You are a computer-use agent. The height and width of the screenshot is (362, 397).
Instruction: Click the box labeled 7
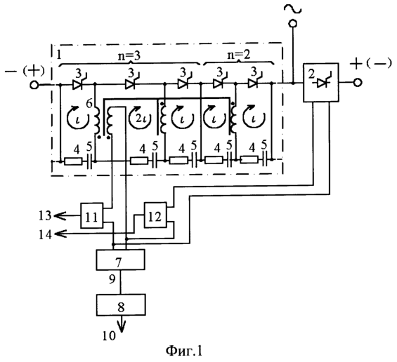click(121, 260)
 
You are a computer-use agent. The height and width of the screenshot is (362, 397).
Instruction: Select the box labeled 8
click(121, 305)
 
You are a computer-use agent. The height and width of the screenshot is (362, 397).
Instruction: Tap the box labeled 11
click(92, 215)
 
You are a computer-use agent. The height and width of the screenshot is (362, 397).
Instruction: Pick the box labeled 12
click(155, 215)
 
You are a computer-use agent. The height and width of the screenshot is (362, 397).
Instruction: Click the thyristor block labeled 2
click(321, 82)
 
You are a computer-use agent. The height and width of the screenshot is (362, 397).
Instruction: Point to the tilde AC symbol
click(293, 9)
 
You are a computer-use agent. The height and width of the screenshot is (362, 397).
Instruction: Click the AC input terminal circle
click(293, 24)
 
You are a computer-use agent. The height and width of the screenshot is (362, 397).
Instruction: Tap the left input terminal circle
click(34, 85)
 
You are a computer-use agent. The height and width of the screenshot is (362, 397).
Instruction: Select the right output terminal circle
click(357, 83)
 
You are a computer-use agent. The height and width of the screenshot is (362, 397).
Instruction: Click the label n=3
click(129, 56)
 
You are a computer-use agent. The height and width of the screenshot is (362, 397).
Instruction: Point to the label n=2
click(238, 55)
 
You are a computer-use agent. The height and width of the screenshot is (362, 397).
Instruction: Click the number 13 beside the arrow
click(45, 215)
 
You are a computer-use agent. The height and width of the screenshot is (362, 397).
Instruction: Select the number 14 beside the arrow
click(45, 234)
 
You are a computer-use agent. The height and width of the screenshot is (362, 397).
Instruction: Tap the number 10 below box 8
click(109, 336)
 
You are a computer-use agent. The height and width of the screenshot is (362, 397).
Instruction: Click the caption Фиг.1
click(184, 351)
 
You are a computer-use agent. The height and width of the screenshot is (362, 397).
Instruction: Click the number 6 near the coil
click(89, 103)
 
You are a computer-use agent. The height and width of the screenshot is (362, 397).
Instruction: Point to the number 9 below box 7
click(112, 279)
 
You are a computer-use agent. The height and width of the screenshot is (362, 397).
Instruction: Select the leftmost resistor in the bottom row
click(73, 161)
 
